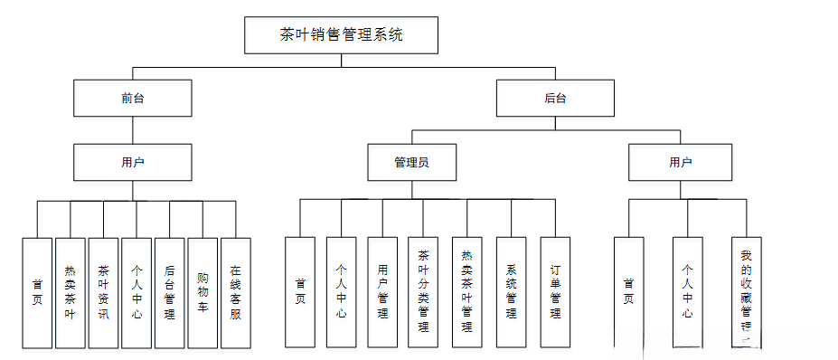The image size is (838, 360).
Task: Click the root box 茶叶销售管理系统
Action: click(342, 35)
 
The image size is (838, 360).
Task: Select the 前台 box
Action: click(133, 98)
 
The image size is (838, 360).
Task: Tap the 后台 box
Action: click(555, 98)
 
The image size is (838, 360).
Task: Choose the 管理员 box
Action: click(411, 163)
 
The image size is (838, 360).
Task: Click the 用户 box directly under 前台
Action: click(133, 163)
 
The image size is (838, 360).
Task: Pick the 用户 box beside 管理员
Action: click(681, 163)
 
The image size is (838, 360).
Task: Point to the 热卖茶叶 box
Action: click(70, 292)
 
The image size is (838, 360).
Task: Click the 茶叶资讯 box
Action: click(103, 292)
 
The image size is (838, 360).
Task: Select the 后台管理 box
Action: click(169, 292)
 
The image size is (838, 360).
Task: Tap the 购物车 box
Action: click(202, 292)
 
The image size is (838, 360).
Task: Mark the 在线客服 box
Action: click(235, 292)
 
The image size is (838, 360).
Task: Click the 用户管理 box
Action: click(382, 292)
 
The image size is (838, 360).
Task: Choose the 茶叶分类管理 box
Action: click(423, 292)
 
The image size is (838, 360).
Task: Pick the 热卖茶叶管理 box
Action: click(466, 292)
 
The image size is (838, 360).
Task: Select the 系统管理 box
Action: click(511, 292)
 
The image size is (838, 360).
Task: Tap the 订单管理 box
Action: click(555, 292)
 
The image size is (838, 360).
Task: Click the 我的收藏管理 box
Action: click(746, 292)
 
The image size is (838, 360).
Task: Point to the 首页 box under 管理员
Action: click(300, 292)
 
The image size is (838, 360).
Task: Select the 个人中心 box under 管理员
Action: click(341, 292)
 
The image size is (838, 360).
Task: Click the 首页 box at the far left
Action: click(37, 292)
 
